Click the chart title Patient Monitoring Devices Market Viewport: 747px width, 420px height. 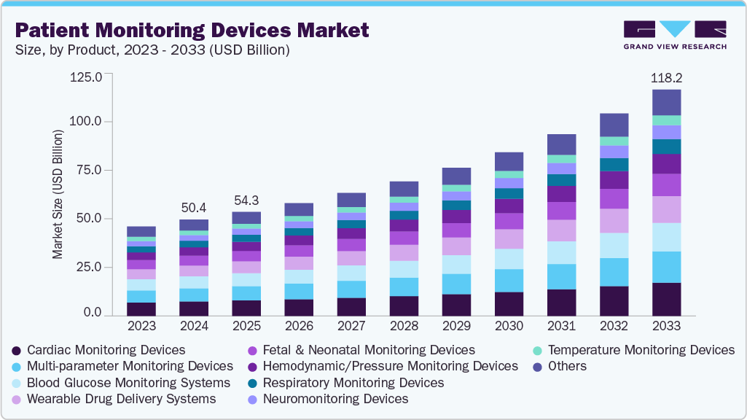[x=192, y=30]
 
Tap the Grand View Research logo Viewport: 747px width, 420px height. [x=675, y=35]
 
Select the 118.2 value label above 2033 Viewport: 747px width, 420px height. [x=666, y=77]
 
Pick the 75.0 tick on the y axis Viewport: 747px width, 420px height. [x=90, y=170]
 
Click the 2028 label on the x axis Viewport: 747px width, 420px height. [x=404, y=326]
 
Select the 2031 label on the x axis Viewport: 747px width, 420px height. [x=561, y=326]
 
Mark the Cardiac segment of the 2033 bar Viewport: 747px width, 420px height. [x=666, y=300]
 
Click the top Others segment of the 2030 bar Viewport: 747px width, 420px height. [x=509, y=161]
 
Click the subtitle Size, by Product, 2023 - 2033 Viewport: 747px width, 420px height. [x=153, y=50]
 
